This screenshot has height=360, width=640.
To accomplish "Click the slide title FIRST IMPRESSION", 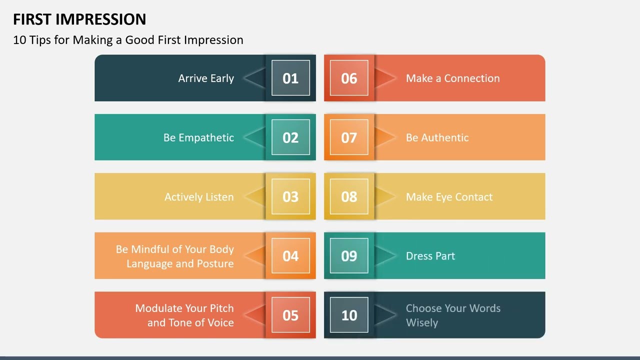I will coord(79,19).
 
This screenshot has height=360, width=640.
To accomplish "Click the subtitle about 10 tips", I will coord(128,40).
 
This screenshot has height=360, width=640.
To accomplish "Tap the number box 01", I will coord(290,78).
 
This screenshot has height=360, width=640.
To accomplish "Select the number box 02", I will coord(290,137).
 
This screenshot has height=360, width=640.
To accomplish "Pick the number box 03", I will coord(290,196).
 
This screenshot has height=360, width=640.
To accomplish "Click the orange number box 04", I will coord(290,256).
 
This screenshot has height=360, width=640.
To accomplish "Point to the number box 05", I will coord(290,315).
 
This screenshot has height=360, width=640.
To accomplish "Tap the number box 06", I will coord(349,78).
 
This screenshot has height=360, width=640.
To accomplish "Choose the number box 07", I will coord(349,137).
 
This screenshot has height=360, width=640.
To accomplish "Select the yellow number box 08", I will coord(349,196).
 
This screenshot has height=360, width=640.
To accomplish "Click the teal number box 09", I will coord(349,256).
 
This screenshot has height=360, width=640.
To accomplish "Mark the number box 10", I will coord(349,315).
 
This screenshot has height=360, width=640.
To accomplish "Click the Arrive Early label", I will coord(206,78).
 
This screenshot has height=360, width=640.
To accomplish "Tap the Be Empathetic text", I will coord(198,138).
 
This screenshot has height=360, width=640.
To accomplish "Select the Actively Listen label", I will coord(199,197).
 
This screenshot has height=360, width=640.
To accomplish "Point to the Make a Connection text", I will coord(452,78).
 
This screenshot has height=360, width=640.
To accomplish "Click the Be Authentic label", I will coord(437,138).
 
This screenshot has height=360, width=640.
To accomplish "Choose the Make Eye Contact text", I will coord(449,197).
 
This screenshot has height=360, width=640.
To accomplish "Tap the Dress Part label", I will coord(430,256).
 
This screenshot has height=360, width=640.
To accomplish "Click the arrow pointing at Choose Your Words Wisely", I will coord(385,315).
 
